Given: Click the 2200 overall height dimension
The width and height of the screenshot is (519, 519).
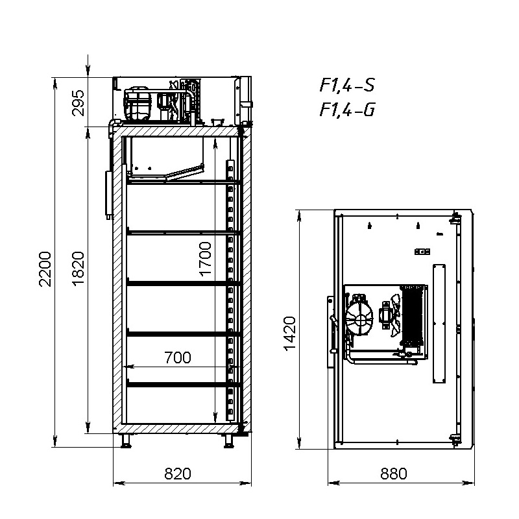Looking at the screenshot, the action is [x=45, y=269].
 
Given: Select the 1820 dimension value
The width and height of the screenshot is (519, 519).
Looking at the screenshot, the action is [x=78, y=269].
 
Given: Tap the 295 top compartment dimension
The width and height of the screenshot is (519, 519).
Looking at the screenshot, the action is [x=78, y=103].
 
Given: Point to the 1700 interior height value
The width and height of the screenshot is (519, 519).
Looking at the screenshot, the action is [x=205, y=258].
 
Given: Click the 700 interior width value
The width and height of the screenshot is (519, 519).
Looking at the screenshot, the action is [x=178, y=357].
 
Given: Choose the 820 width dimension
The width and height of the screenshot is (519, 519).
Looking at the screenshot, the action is [x=178, y=474].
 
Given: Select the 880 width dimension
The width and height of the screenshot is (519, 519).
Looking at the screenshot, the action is [x=394, y=474].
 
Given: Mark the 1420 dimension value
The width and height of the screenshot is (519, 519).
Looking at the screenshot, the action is [x=289, y=333].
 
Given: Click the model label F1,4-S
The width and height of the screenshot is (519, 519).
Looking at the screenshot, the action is [x=347, y=85].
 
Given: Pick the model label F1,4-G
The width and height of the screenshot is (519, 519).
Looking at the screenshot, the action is [x=347, y=110].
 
